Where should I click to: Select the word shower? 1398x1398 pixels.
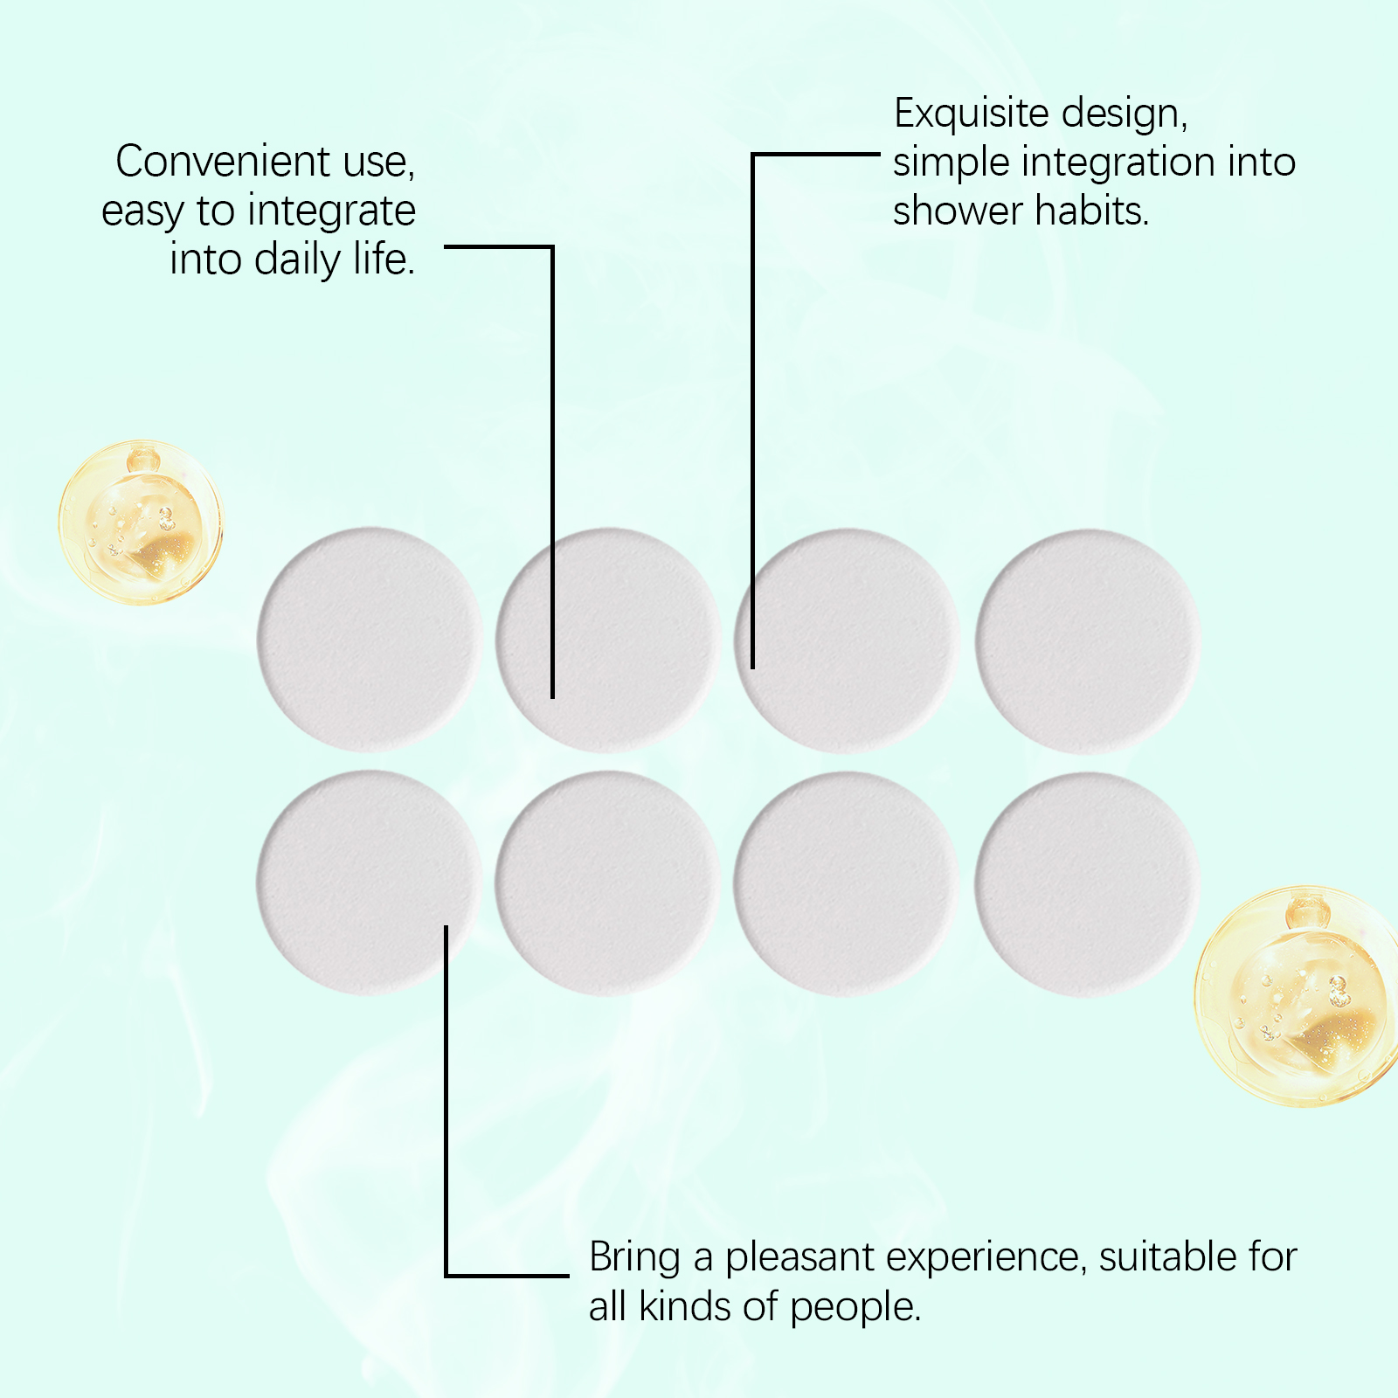click(x=957, y=211)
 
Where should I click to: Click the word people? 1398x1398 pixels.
click(x=855, y=1308)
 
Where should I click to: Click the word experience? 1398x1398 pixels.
click(x=986, y=1259)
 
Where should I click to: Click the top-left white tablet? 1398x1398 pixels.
click(x=370, y=639)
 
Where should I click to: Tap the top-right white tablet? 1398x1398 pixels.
click(x=1088, y=641)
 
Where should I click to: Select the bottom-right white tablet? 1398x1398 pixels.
click(x=1088, y=884)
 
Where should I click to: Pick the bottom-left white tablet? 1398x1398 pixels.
click(x=370, y=882)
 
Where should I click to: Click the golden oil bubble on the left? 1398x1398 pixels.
click(x=141, y=522)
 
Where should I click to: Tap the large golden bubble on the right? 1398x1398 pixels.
click(x=1296, y=996)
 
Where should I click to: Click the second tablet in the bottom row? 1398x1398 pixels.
click(x=608, y=883)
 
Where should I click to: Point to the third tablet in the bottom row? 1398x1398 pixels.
click(x=847, y=884)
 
